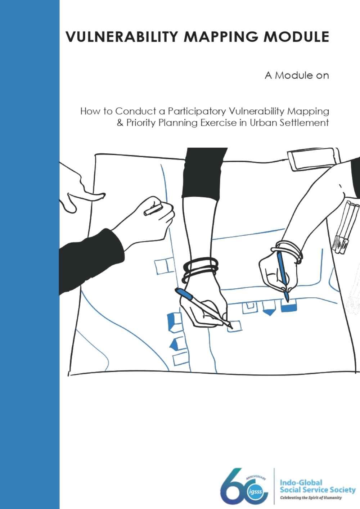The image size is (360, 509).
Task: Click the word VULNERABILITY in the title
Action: [x=121, y=36]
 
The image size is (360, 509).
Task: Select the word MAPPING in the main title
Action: [x=220, y=36]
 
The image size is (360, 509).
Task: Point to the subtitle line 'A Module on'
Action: [x=297, y=76]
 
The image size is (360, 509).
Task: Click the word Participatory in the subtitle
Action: [x=197, y=112]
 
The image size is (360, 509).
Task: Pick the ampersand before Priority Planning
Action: [x=120, y=123]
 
